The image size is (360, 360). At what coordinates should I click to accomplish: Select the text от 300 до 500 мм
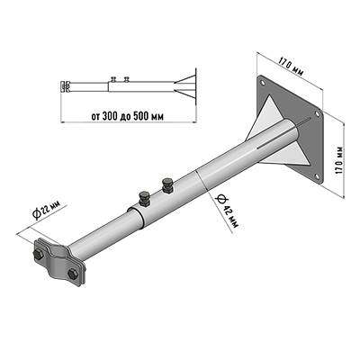128,116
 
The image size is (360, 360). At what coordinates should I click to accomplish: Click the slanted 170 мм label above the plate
291,67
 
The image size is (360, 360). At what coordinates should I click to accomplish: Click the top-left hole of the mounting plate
262,82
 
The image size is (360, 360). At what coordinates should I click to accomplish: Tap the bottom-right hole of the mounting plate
317,176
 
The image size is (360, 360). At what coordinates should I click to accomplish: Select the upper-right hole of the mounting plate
317,113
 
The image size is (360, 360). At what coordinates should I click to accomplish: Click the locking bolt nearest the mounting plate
166,184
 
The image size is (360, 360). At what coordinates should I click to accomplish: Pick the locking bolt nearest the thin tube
144,198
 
